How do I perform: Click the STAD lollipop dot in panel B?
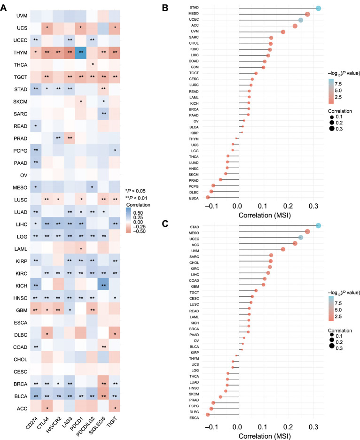tap(318, 8)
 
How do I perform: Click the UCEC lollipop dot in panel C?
tap(301, 238)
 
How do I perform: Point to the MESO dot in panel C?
tap(307, 232)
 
